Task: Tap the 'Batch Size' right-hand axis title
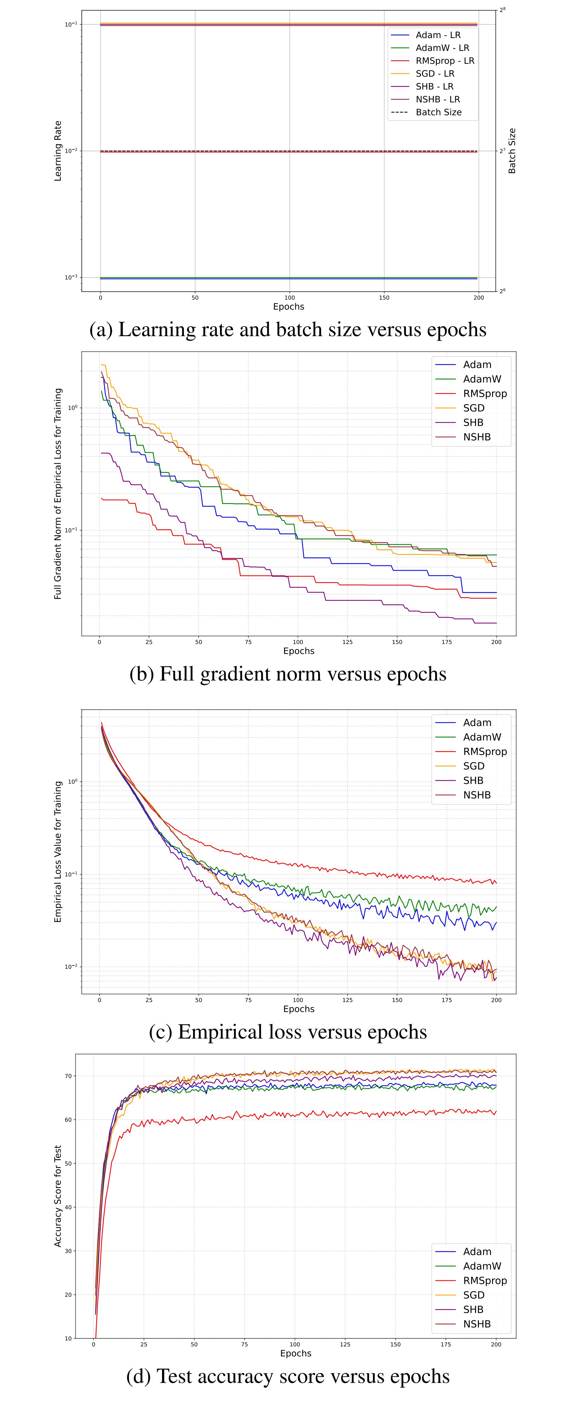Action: point(512,151)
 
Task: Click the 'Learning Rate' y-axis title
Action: point(58,151)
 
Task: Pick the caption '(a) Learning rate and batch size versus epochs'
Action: point(288,330)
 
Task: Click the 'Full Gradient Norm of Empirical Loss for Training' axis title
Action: point(58,493)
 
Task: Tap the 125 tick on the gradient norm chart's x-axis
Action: point(348,642)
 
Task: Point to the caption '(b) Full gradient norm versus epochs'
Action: point(288,674)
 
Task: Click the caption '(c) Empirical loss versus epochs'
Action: point(288,1032)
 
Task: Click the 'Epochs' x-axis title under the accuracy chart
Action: point(296,1353)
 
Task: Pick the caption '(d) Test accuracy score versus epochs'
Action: point(288,1377)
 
